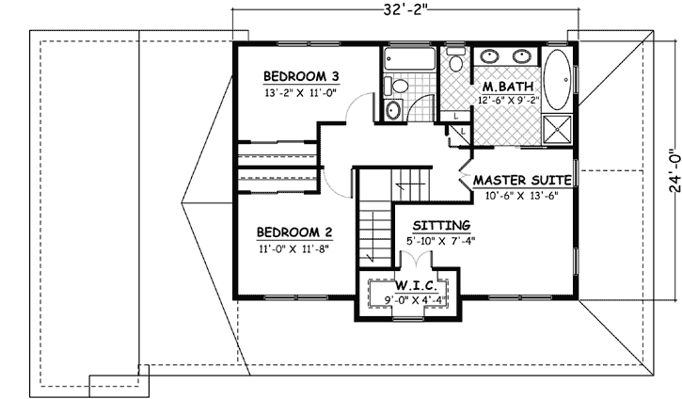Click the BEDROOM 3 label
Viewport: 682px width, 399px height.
[300, 76]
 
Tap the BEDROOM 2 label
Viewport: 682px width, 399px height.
[293, 232]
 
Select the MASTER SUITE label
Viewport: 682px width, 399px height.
[524, 180]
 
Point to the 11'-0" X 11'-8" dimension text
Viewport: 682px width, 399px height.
[293, 249]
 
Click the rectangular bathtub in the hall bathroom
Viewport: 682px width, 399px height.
[410, 61]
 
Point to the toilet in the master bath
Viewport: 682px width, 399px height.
[456, 64]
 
